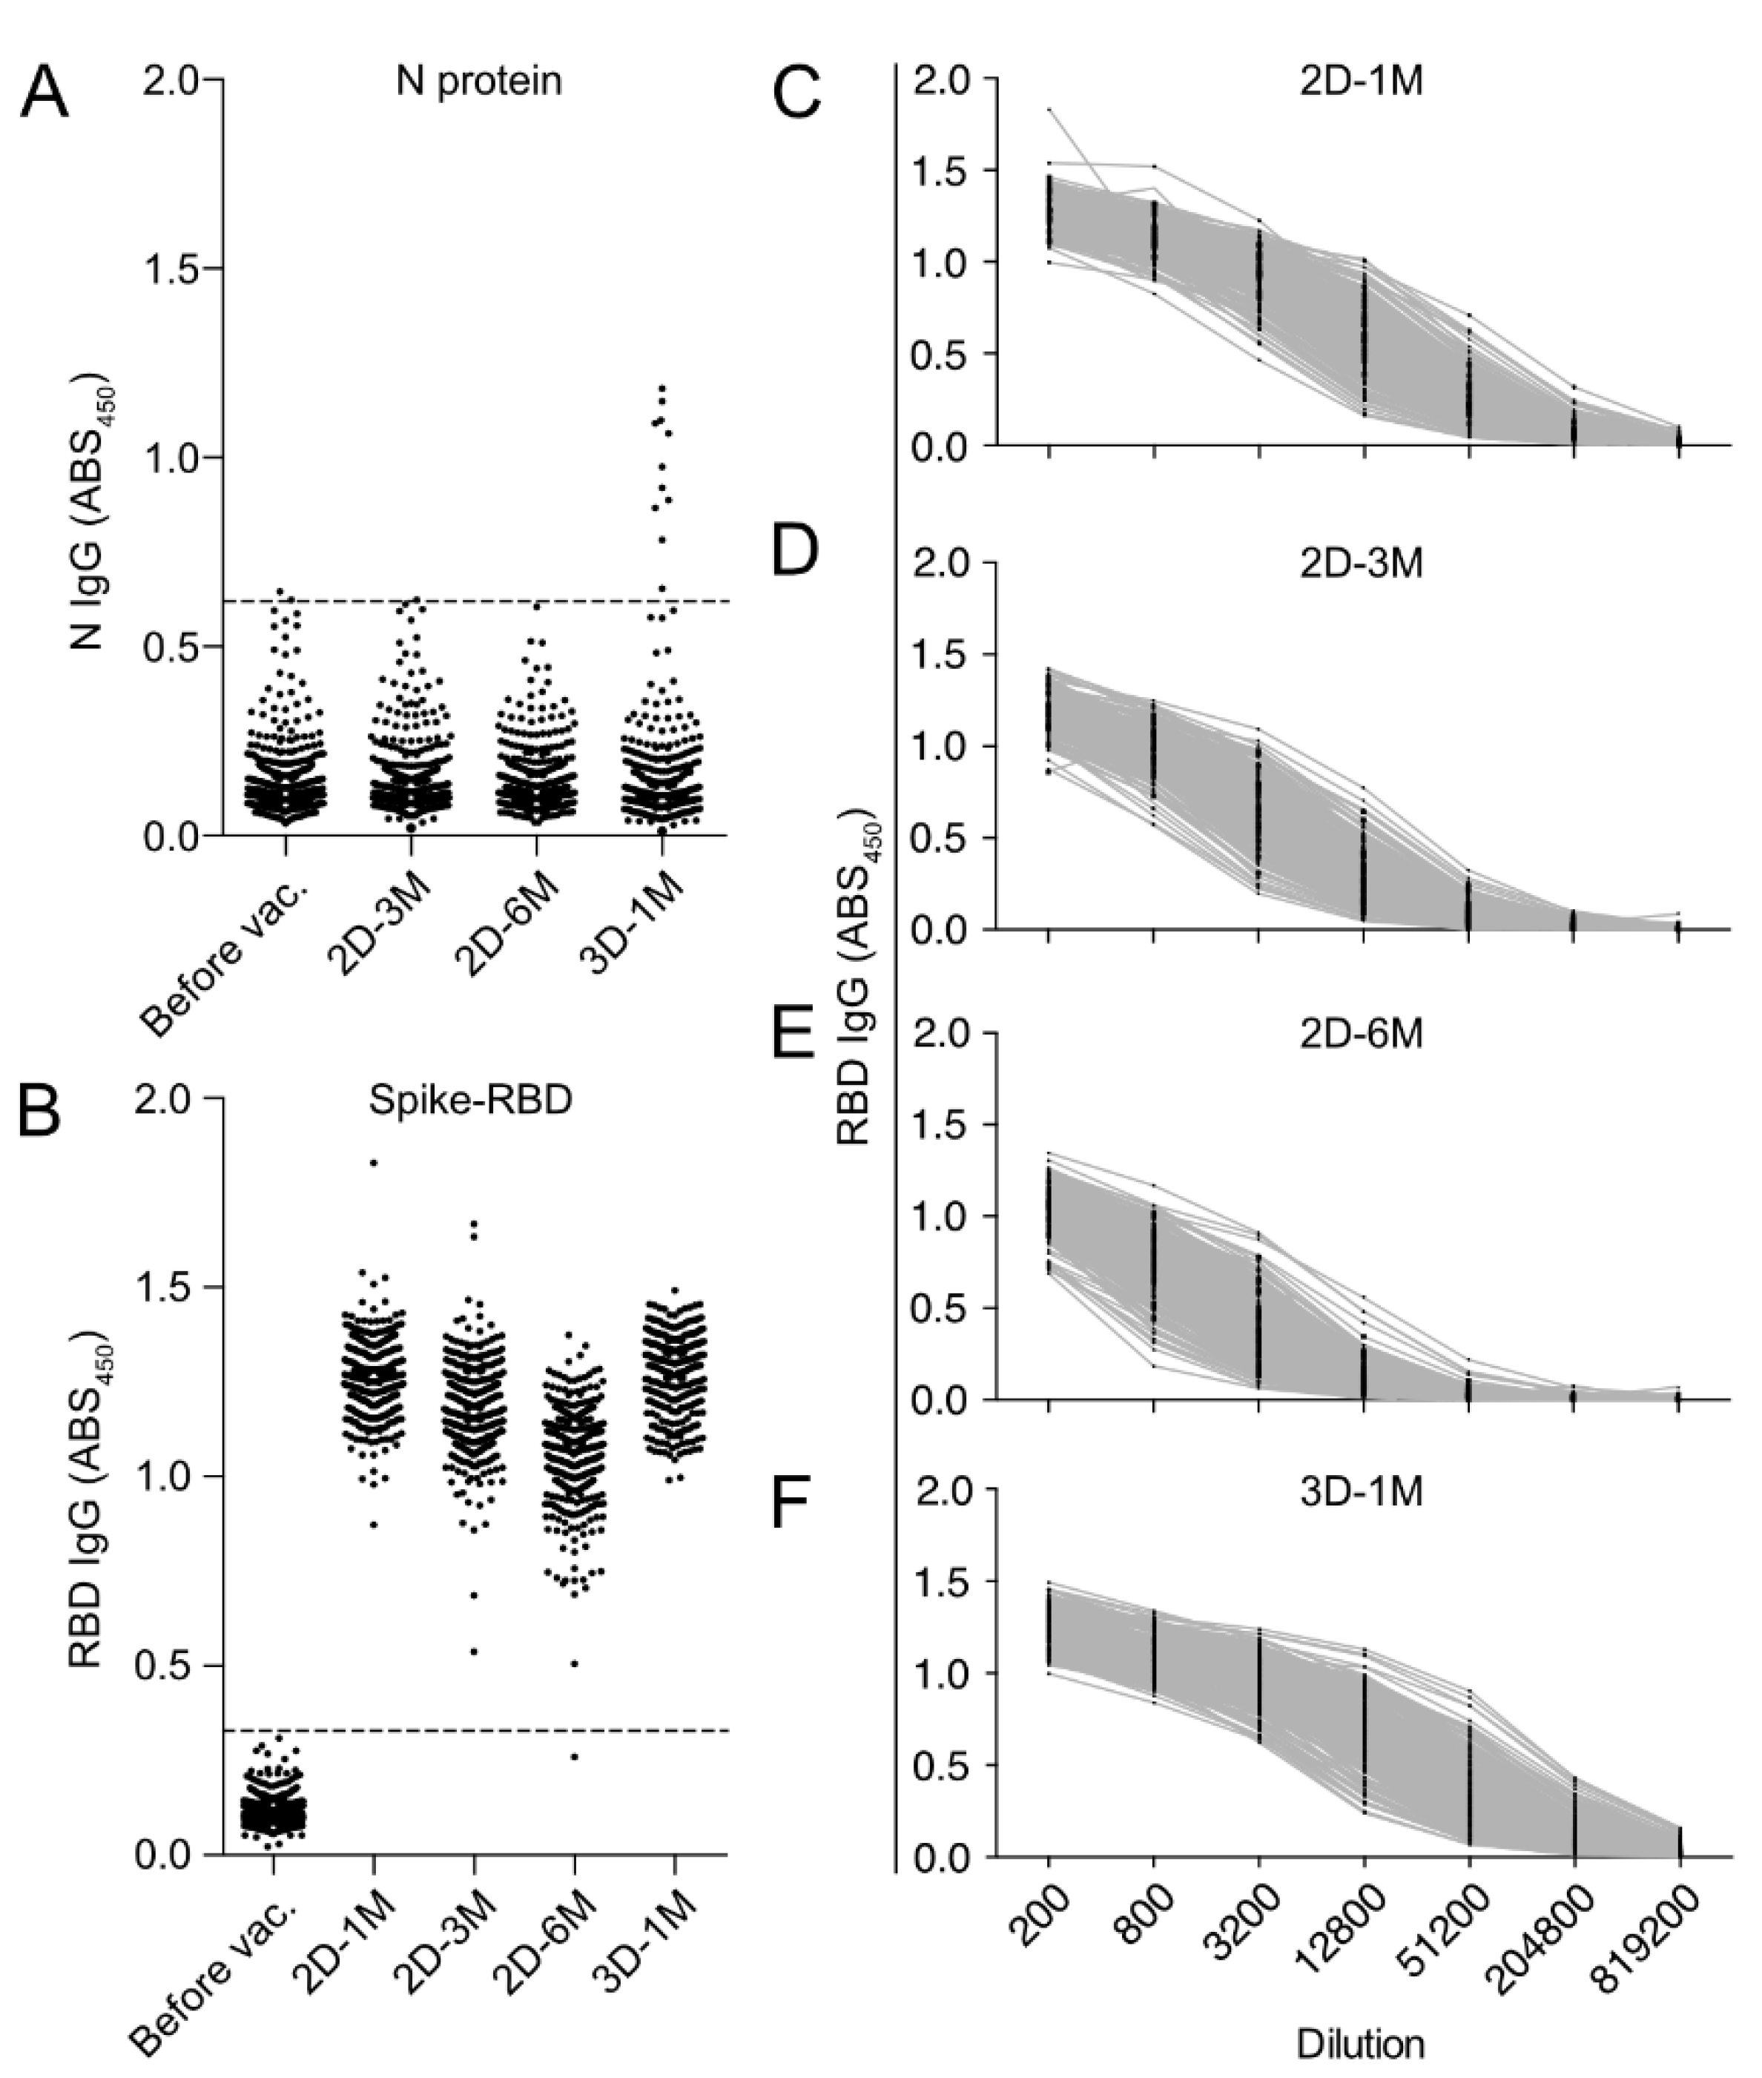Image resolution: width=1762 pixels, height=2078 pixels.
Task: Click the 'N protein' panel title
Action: click(x=478, y=81)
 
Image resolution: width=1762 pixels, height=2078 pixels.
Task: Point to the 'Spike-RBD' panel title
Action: click(x=469, y=1100)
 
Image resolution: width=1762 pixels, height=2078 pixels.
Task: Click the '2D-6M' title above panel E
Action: click(x=1361, y=1034)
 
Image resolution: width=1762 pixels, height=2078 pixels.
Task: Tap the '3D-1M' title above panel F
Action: click(x=1361, y=1491)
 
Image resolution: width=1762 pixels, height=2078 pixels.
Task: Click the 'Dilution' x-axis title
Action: click(x=1361, y=2043)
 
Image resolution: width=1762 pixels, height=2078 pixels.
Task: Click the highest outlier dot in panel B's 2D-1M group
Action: click(x=372, y=1163)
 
